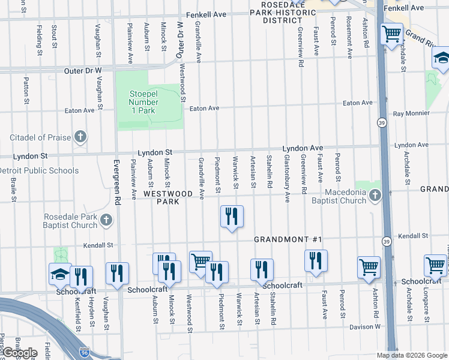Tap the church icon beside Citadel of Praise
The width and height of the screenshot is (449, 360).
point(80,137)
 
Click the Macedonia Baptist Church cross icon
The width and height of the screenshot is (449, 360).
point(375,196)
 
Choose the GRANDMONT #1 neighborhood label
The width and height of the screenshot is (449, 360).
point(288,239)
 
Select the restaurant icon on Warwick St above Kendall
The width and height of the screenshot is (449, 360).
point(232,216)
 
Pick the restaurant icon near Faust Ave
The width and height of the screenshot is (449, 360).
point(315,261)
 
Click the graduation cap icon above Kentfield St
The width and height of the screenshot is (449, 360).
point(60,274)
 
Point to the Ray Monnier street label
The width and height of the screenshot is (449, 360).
point(411,113)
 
